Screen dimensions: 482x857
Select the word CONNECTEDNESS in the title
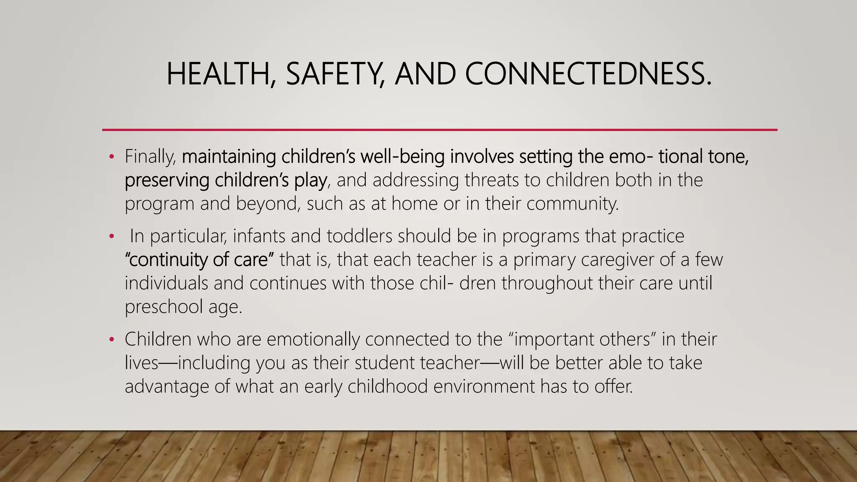588,74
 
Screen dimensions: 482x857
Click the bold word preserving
167,180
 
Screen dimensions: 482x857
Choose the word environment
484,386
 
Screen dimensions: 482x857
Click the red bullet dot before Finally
111,157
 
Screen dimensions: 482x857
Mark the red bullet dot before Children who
111,339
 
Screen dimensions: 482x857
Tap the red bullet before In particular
111,236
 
